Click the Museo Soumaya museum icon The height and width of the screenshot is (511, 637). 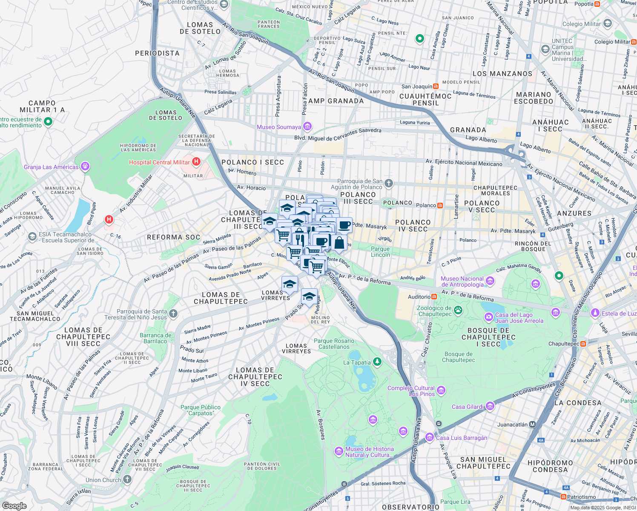[307, 126]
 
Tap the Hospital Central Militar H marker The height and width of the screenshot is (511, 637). [196, 162]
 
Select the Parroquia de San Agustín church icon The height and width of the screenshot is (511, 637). [388, 184]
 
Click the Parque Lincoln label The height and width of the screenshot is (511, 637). [380, 252]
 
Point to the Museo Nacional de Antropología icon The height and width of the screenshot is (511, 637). [490, 281]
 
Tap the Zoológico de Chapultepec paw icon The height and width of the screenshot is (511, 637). [458, 310]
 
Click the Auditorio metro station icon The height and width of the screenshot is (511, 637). [434, 296]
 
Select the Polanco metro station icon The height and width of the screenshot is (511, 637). [440, 205]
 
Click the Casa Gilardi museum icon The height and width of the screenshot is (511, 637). [490, 406]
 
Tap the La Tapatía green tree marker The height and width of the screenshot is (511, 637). [377, 362]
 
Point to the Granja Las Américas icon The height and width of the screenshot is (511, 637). [85, 167]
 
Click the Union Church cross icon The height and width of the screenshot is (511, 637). [127, 479]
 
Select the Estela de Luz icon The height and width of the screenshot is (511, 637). [595, 313]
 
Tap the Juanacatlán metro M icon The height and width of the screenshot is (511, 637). [532, 424]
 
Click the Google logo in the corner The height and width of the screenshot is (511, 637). [14, 505]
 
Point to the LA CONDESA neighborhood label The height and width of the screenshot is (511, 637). [577, 402]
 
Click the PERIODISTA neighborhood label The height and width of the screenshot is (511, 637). [157, 53]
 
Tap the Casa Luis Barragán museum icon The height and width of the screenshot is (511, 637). [430, 437]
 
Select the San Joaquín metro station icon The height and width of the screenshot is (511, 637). [436, 86]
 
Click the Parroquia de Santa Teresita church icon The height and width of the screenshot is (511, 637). [173, 314]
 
